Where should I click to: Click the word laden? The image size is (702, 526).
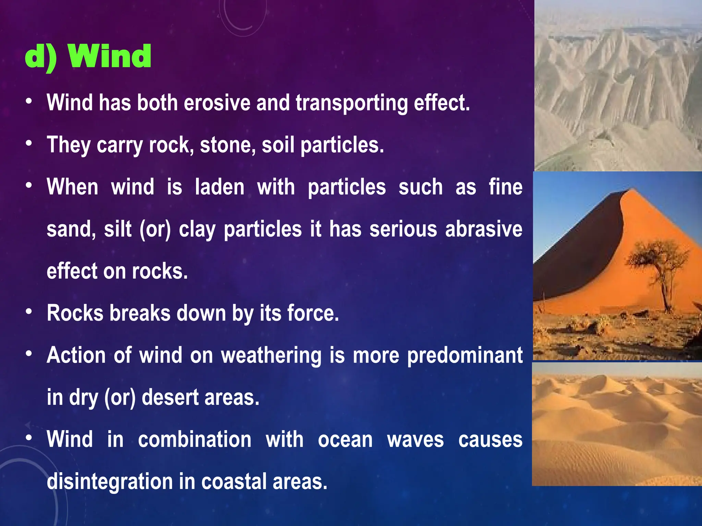coord(219,187)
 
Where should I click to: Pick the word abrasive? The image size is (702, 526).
coord(484,229)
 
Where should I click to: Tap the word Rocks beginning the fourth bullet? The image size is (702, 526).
coord(75,313)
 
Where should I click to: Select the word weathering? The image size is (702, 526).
coord(271,356)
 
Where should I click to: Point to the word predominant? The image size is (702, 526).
coord(465,356)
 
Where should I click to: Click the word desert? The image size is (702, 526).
coord(170,398)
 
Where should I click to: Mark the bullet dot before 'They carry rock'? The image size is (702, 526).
coord(29,143)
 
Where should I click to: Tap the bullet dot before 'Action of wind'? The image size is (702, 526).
coord(29,353)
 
